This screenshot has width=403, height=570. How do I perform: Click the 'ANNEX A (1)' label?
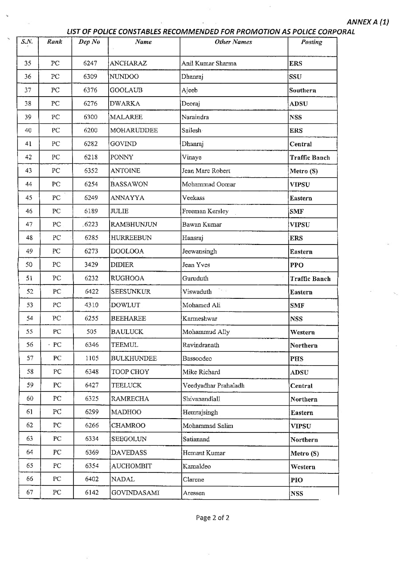pyautogui.click(x=367, y=22)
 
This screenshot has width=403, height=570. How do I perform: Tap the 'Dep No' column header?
pyautogui.click(x=89, y=42)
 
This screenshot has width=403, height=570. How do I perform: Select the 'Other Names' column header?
pyautogui.click(x=233, y=42)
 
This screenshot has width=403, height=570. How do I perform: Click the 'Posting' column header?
pyautogui.click(x=311, y=42)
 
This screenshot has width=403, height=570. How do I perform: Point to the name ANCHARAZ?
pyautogui.click(x=128, y=63)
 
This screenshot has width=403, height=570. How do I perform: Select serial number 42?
pyautogui.click(x=28, y=157)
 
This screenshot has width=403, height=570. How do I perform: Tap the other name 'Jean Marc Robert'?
pyautogui.click(x=206, y=171)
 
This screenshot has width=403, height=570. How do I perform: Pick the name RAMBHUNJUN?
pyautogui.click(x=134, y=224)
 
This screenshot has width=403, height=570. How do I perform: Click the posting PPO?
pyautogui.click(x=297, y=265)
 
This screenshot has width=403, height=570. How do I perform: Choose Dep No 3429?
pyautogui.click(x=91, y=265)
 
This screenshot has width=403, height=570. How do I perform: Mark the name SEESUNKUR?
pyautogui.click(x=131, y=292)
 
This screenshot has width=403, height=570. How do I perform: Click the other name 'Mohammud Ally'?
pyautogui.click(x=206, y=332)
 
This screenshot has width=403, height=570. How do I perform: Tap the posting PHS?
pyautogui.click(x=297, y=358)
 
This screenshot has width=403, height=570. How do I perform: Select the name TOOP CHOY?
pyautogui.click(x=130, y=372)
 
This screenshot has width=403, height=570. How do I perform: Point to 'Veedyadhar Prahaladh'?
pyautogui.click(x=213, y=385)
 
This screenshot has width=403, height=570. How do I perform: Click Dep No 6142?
pyautogui.click(x=92, y=493)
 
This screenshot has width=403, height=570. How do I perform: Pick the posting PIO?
pyautogui.click(x=297, y=480)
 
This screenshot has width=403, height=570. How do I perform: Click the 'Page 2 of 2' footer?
pyautogui.click(x=213, y=517)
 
